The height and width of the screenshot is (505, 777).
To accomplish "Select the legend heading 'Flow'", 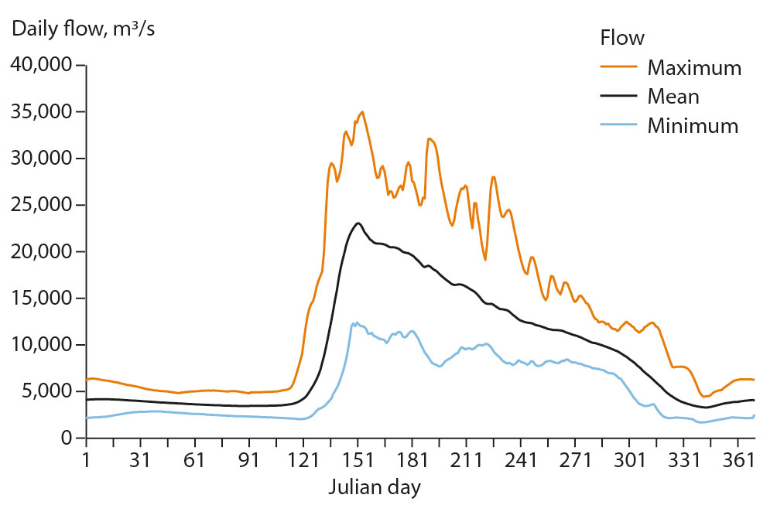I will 622,38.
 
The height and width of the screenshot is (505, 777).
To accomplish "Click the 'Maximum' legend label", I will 694,67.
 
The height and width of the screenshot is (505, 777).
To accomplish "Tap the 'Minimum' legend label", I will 693,125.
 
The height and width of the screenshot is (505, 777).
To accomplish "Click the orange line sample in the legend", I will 618,67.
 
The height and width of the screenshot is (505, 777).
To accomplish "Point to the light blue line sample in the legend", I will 618,125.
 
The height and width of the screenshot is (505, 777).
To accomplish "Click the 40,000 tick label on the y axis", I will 39,65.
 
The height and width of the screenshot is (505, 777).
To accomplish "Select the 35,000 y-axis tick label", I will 39,111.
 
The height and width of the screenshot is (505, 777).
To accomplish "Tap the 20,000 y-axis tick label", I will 39,251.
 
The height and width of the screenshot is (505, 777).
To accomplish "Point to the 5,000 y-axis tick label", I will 44,391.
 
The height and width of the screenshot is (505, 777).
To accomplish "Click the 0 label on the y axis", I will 67,438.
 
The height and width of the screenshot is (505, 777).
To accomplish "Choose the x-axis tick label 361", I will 739,461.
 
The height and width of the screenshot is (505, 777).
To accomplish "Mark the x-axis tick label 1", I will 87,461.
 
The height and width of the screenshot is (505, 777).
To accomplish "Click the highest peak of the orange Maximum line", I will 362,111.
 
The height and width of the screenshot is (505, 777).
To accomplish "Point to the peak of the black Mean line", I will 358,223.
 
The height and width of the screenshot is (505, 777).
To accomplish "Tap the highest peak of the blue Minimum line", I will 357,322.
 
